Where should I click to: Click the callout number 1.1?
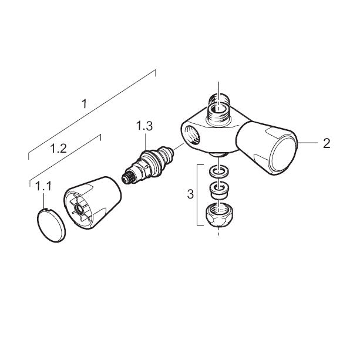43,186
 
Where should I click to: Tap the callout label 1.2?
58,149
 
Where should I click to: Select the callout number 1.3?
144,126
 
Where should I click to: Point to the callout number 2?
327,143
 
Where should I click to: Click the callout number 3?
190,194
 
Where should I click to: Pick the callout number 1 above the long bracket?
85,104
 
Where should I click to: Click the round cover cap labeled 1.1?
51,225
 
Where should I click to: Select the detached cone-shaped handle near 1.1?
92,203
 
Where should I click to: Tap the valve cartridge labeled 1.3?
147,164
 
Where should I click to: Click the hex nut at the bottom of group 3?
218,215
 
